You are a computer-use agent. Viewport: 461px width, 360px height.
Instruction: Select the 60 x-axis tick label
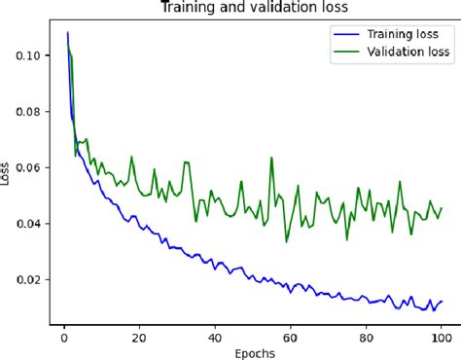click(290, 338)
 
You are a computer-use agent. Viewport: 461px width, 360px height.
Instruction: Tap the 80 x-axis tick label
click(366, 338)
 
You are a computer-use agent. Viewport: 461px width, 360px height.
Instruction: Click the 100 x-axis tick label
click(441, 338)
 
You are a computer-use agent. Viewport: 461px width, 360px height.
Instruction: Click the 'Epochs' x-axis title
click(253, 353)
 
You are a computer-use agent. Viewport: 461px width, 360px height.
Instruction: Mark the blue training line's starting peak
click(68, 33)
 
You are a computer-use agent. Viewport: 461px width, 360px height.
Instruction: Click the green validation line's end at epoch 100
click(441, 207)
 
